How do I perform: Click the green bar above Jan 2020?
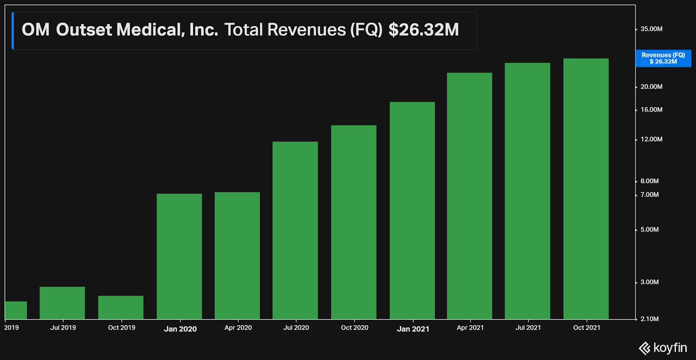(x=179, y=256)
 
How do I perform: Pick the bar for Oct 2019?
(x=121, y=307)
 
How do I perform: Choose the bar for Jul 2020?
(x=295, y=230)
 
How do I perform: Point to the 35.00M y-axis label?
(x=651, y=29)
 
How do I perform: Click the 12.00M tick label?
(x=651, y=139)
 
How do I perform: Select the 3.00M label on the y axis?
(x=649, y=282)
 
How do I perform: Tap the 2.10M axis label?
(x=649, y=319)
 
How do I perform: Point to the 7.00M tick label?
(x=649, y=195)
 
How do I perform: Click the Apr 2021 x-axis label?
(x=470, y=328)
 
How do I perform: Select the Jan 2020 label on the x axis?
(x=180, y=329)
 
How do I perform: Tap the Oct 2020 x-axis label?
(x=355, y=328)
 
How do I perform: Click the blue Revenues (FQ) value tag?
(x=663, y=58)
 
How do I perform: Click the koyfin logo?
(x=663, y=348)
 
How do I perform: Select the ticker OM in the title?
(x=36, y=30)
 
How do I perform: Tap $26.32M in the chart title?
(x=423, y=30)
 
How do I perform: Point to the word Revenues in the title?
(x=306, y=30)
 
